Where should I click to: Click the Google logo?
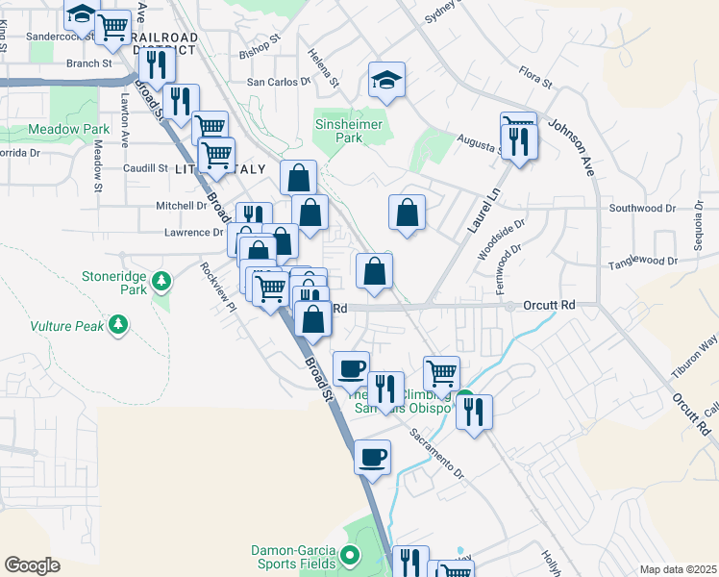point(32,565)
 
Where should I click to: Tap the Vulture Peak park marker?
point(118,325)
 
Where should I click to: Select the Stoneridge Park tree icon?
point(162,281)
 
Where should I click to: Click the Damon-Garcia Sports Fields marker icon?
point(350,555)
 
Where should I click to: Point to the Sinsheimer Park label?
point(350,131)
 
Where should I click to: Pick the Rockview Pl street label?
point(217,288)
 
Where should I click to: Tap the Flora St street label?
point(535,77)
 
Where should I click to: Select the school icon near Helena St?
point(386,80)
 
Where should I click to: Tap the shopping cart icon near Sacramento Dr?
point(441,370)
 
